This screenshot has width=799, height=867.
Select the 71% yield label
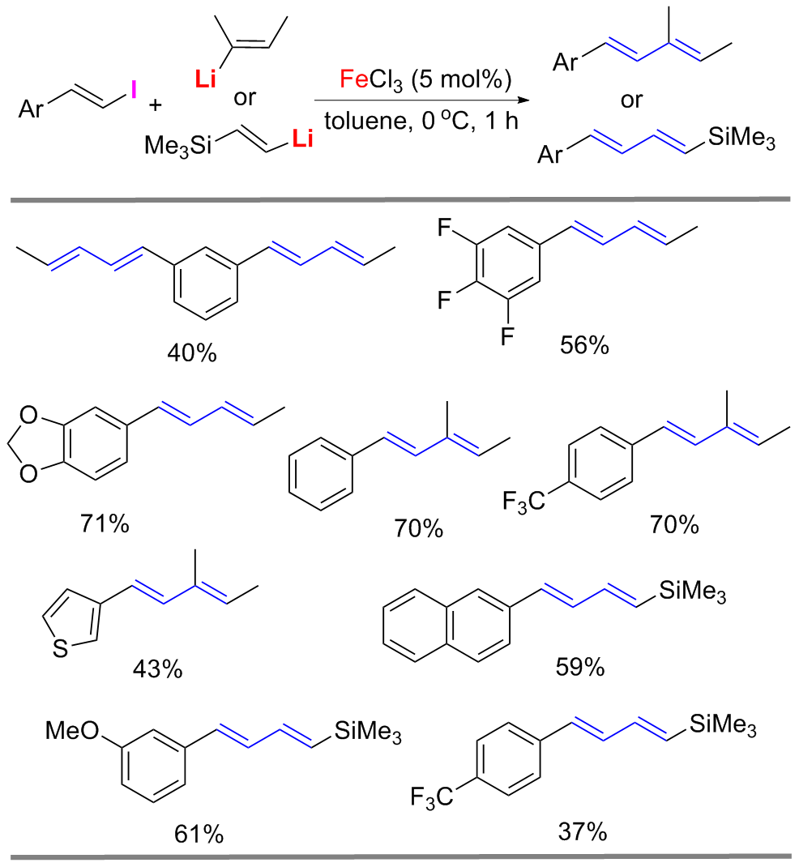[x=105, y=523]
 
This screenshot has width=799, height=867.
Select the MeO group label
[x=72, y=733]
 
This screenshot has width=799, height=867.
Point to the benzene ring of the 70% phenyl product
[x=322, y=470]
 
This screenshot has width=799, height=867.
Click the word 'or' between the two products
[x=632, y=100]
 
